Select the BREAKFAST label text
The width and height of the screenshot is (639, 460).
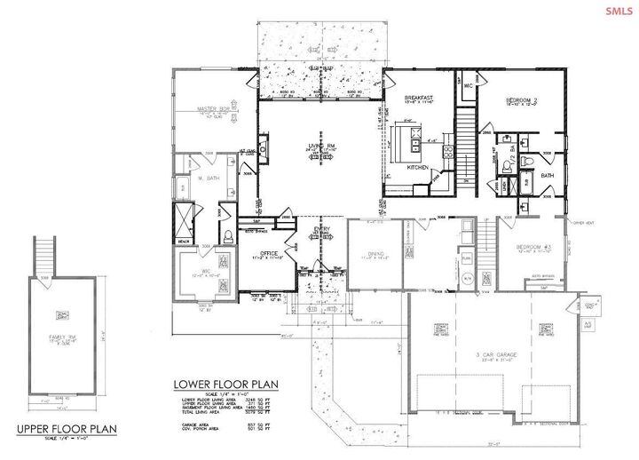click(418, 98)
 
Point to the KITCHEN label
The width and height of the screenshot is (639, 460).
click(418, 168)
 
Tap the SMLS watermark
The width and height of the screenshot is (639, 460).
click(614, 11)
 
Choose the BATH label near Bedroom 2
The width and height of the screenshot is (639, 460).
click(547, 175)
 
